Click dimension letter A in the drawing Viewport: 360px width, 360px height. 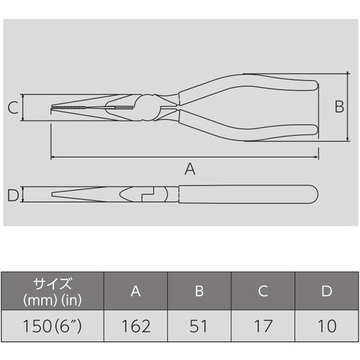click(x=190, y=169)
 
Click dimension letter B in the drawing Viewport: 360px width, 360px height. click(x=339, y=107)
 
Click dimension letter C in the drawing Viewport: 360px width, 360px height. click(x=13, y=109)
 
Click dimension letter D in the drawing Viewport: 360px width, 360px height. click(x=12, y=194)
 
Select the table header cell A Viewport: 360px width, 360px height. click(x=136, y=290)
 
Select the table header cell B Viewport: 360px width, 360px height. click(x=200, y=290)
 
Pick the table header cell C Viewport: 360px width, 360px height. click(x=264, y=290)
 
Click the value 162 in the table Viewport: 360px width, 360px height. click(x=136, y=326)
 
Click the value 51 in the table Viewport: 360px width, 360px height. click(x=200, y=326)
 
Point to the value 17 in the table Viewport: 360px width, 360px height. click(x=264, y=326)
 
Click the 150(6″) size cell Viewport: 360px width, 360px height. click(x=53, y=326)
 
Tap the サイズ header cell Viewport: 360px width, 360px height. click(x=53, y=290)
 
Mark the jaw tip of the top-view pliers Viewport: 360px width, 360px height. click(x=55, y=109)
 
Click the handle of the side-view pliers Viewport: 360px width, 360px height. click(x=245, y=194)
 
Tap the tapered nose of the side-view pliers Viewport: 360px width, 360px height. click(x=79, y=194)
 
